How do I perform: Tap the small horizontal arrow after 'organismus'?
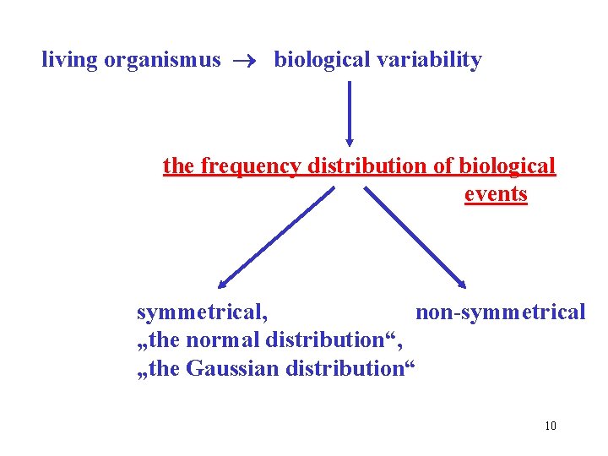tap(247, 61)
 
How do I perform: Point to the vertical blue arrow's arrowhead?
tap(350, 141)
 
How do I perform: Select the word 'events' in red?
tap(496, 194)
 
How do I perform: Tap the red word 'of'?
tap(443, 166)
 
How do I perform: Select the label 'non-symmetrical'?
tap(500, 312)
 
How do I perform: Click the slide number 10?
tap(551, 426)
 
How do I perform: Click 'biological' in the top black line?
tap(322, 60)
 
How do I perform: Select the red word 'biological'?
tap(507, 166)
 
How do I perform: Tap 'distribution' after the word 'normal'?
tap(335, 340)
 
